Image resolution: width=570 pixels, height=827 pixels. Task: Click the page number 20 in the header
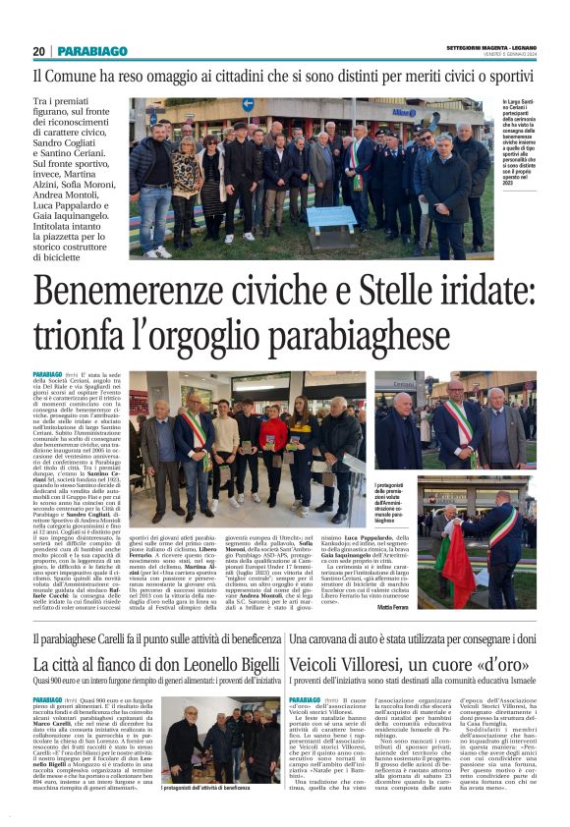point(38,51)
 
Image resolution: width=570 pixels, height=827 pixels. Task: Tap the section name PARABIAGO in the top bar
point(92,51)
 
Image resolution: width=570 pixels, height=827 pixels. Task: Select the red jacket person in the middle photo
point(274,432)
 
